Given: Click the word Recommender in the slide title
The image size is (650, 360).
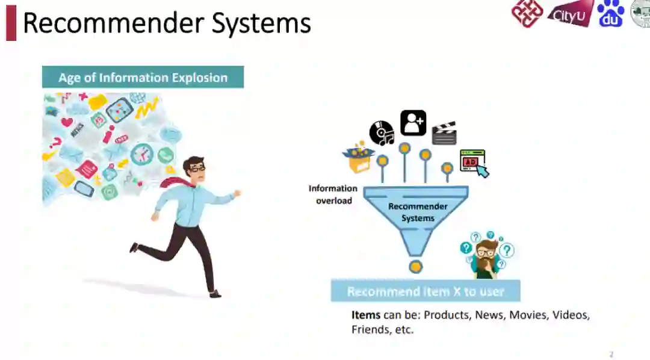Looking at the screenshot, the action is (x=113, y=23).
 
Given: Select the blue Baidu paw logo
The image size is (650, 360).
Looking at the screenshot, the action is (x=611, y=13).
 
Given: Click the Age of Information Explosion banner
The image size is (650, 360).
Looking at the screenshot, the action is (x=143, y=78).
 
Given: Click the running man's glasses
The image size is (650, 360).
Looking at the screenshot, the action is (x=196, y=169).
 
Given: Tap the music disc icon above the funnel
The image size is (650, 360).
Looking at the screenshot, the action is (x=382, y=132).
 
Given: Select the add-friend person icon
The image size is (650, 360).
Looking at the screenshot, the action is (x=413, y=123).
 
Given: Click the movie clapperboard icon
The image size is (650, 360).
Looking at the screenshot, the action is (x=444, y=133).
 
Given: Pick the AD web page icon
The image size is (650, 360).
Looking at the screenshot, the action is (x=473, y=162).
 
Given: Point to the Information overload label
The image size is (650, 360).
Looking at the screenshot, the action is (x=333, y=194).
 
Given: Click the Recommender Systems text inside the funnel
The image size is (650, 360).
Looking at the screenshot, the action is (x=418, y=212).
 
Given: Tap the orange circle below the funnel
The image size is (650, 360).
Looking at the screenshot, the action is (x=415, y=267).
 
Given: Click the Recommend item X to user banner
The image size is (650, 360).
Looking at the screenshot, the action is (x=425, y=291).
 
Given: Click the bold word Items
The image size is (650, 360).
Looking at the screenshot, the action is (x=366, y=315).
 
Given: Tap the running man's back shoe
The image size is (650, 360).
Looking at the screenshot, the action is (x=134, y=247).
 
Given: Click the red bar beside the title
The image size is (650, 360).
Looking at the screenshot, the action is (x=11, y=23).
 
